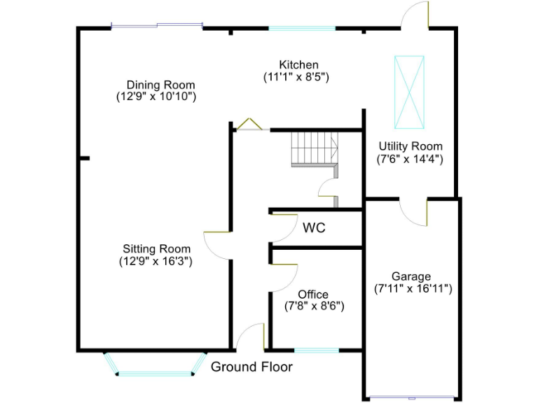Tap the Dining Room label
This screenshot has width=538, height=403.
(x=156, y=85)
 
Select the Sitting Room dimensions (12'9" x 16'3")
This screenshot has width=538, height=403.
(x=156, y=261)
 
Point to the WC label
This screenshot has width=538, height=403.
(x=314, y=228)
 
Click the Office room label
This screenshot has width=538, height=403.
(x=312, y=295)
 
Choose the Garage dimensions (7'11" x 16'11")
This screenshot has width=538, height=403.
(x=412, y=288)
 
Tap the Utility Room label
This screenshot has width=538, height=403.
(x=411, y=146)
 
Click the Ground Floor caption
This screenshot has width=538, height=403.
(x=251, y=367)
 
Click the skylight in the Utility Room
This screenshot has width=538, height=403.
(x=409, y=92)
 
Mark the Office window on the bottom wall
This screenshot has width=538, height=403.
(x=316, y=350)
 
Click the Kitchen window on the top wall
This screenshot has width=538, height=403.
(x=302, y=29)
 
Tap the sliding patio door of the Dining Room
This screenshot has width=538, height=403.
(x=157, y=27)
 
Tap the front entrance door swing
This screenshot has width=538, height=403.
(x=250, y=337)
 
